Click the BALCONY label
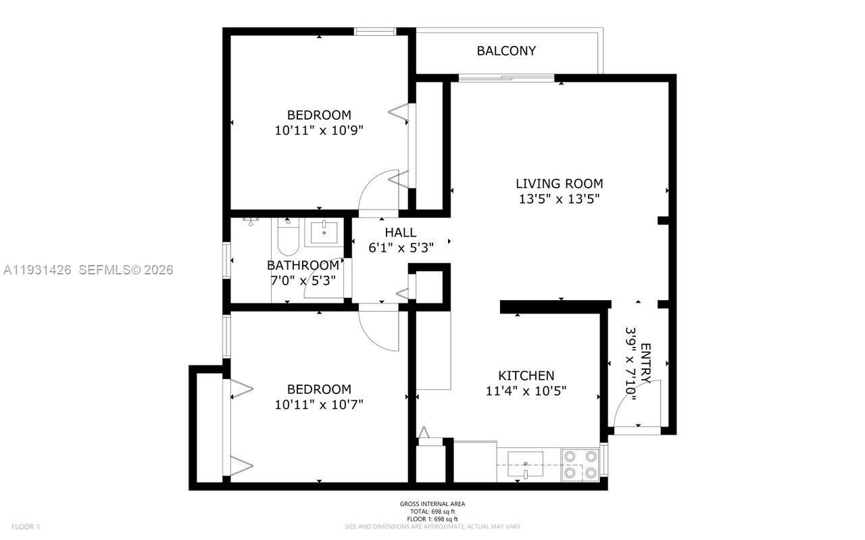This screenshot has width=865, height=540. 506,51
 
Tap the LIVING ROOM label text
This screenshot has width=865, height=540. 559,183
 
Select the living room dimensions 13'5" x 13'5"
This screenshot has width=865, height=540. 559,199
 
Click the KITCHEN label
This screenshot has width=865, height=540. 526,376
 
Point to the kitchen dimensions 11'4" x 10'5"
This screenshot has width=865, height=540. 526,391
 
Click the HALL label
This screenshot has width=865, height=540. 401,232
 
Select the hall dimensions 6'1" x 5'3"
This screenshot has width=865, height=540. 401,247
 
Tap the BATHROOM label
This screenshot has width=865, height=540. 303,265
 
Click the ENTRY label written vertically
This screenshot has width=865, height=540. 645,364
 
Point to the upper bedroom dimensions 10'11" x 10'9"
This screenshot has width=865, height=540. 319,130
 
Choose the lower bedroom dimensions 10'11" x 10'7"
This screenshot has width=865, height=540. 319,405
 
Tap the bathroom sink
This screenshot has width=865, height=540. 325,231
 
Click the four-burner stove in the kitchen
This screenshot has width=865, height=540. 581,465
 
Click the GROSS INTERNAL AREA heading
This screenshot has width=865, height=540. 432,504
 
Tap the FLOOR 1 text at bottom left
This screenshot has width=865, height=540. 26,526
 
